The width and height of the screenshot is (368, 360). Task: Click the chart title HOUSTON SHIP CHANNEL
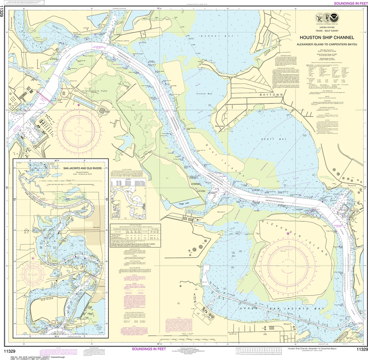point(327,37)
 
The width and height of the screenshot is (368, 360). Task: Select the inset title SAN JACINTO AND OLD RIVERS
point(85,168)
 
